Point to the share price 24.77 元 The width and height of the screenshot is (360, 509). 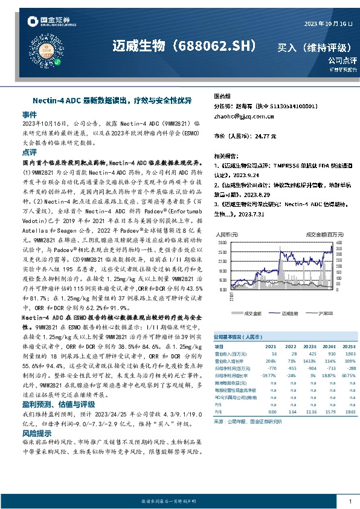pyautogui.click(x=262, y=137)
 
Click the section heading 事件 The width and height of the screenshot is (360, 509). pyautogui.click(x=30, y=114)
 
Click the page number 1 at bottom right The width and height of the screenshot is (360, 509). pyautogui.click(x=350, y=502)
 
